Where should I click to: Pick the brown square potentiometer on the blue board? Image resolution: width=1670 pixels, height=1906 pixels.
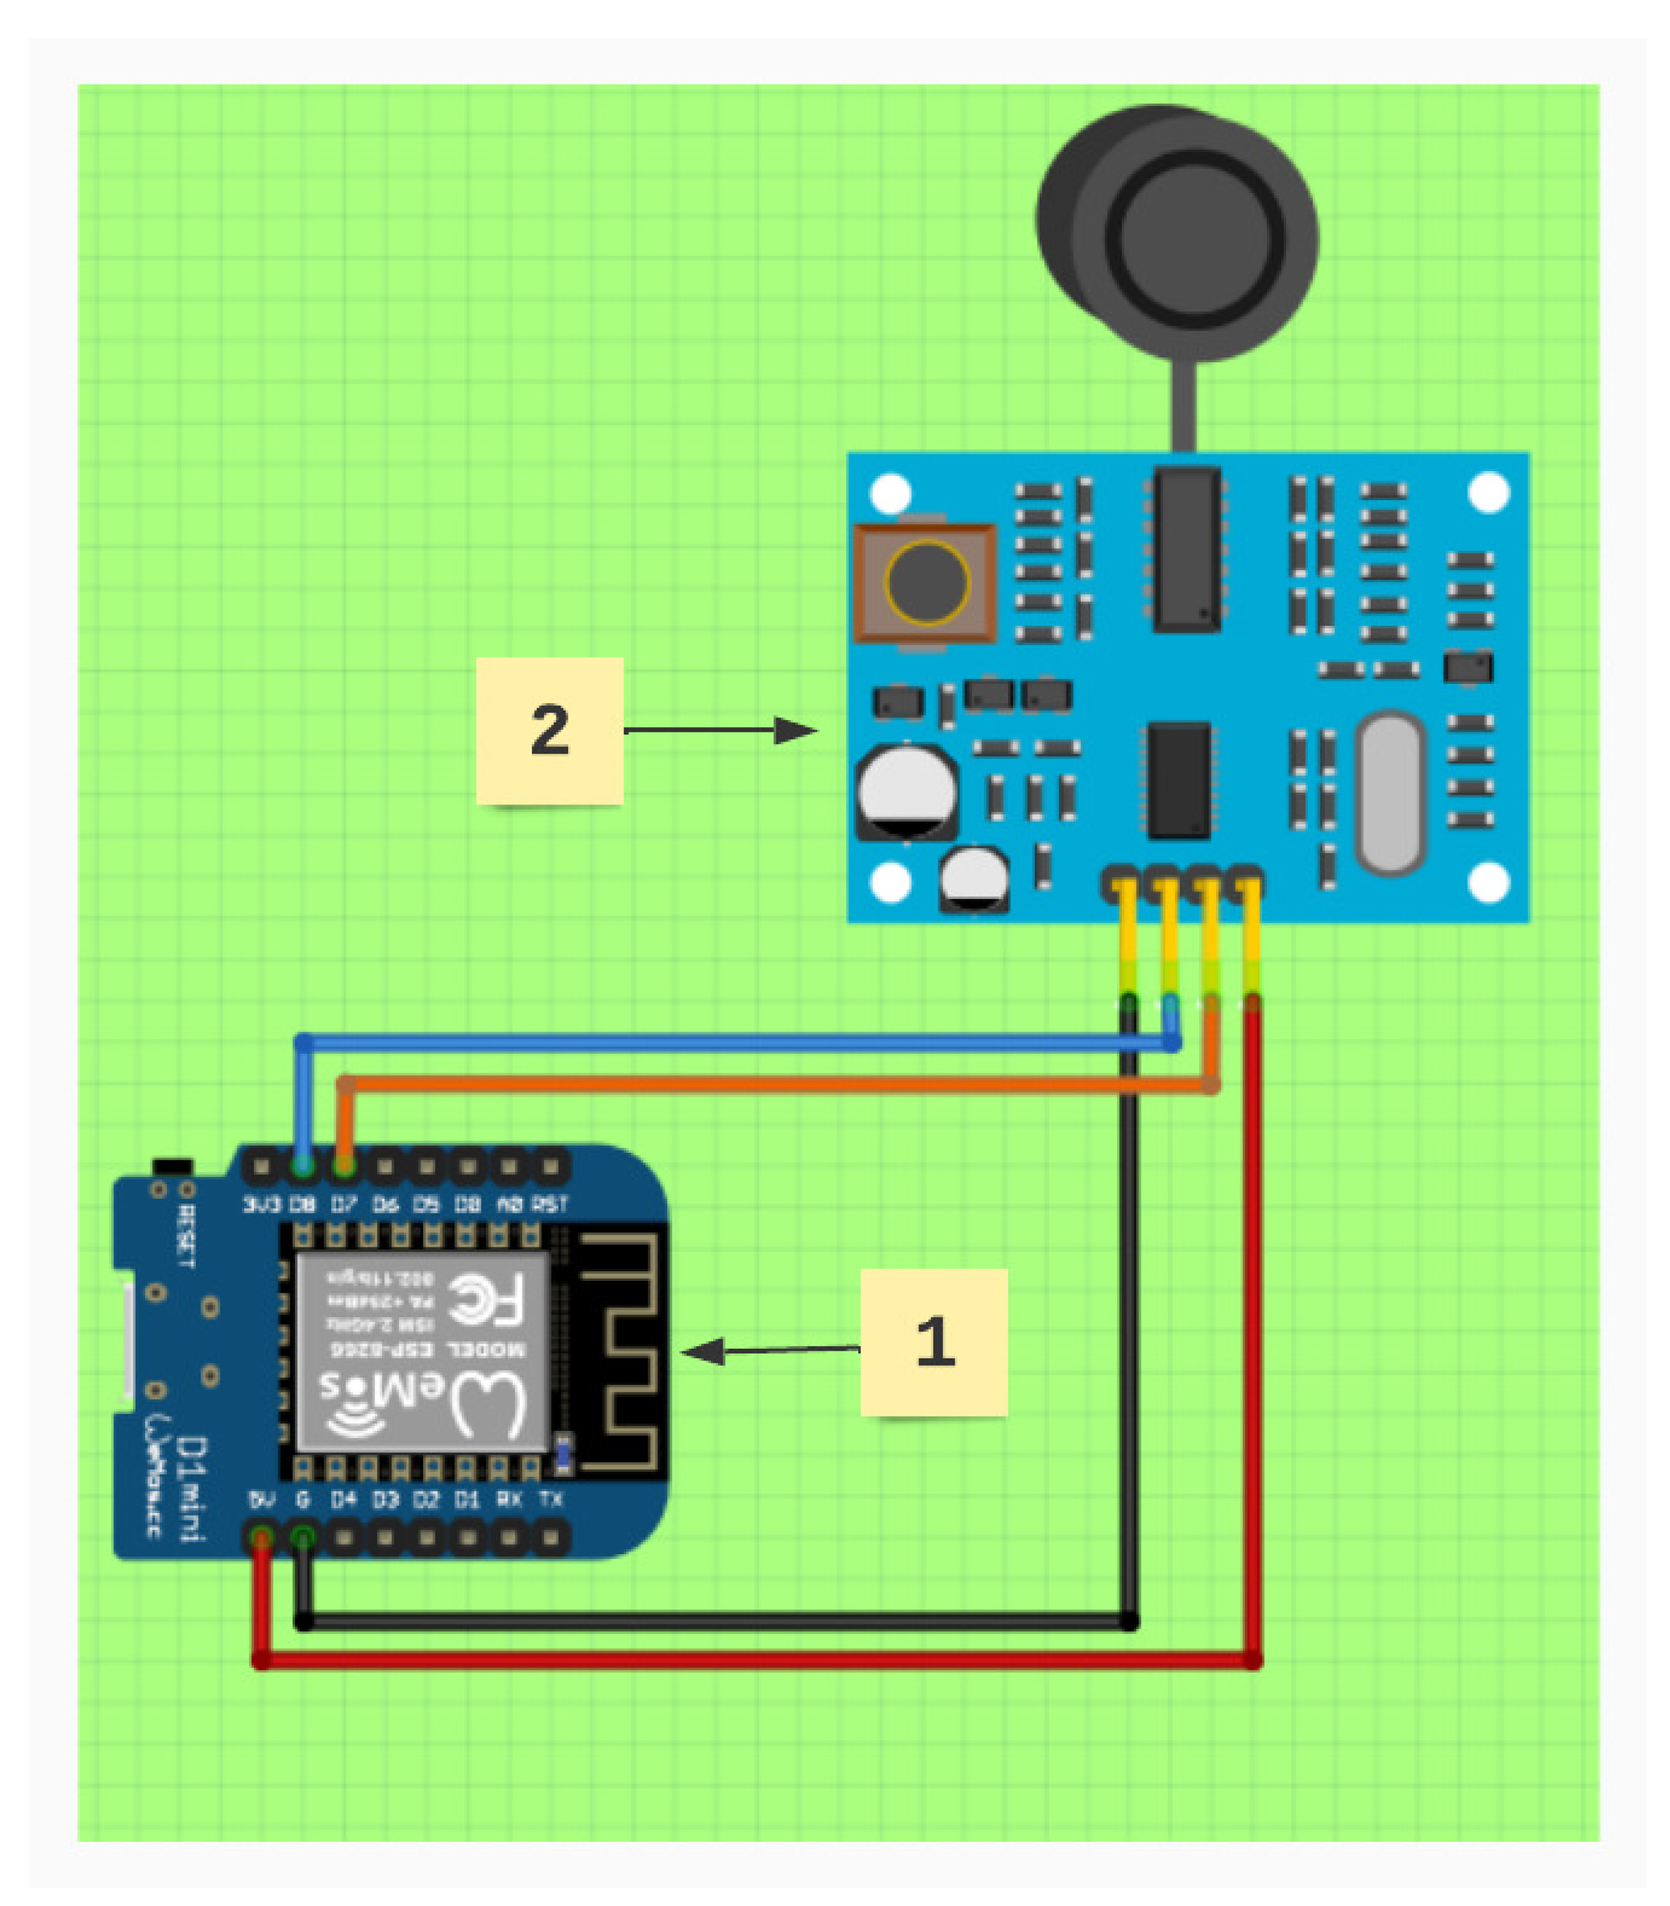click(x=925, y=583)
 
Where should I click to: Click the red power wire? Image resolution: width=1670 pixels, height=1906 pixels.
click(x=755, y=1660)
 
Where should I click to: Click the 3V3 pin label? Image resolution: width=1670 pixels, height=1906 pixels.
click(x=261, y=1204)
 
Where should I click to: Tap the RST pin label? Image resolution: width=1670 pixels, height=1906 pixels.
click(x=550, y=1204)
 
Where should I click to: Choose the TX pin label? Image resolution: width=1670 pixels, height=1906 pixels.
click(x=551, y=1499)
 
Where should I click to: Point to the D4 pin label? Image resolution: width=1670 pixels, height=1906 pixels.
click(x=344, y=1499)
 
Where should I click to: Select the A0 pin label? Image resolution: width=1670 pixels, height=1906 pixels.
click(x=509, y=1204)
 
